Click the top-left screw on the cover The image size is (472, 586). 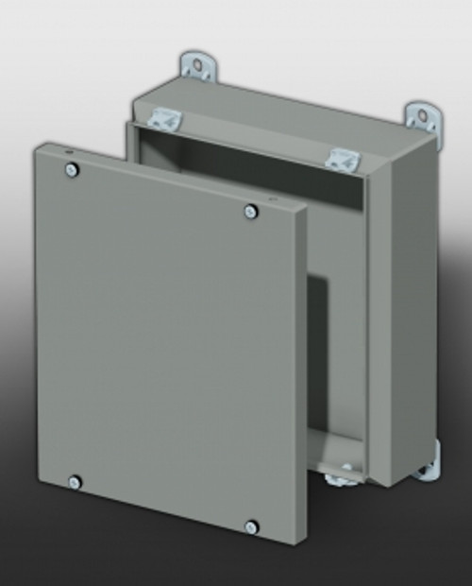point(72,170)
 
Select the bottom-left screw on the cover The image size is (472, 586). point(75,482)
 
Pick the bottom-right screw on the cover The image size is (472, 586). point(251,526)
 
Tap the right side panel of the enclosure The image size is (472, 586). point(401,312)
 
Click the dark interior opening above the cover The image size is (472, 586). point(245,170)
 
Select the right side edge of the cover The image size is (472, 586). point(300,378)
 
